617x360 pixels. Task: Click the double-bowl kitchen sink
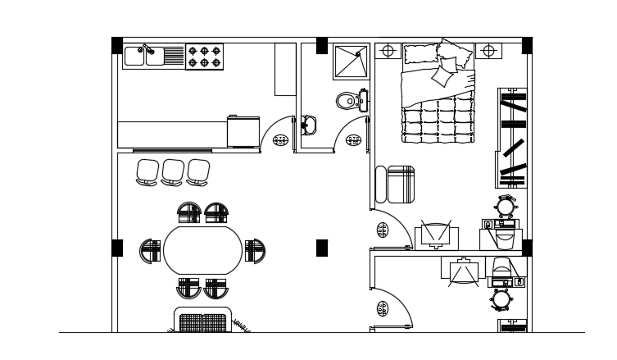143,56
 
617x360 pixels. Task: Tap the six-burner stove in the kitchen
205,56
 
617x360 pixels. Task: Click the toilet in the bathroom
348,101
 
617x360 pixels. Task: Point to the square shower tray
352,61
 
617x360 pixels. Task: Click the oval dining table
203,250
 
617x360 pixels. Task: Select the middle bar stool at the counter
173,171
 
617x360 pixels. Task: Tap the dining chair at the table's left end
150,250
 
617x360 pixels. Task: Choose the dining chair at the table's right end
255,250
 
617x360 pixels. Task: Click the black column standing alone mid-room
322,248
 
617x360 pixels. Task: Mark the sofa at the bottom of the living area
202,321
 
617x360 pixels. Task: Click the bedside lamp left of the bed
388,51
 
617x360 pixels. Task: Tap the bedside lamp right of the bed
489,51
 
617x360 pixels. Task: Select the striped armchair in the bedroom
402,185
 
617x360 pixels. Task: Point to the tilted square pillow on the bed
443,75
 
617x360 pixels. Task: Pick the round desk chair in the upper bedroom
506,204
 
